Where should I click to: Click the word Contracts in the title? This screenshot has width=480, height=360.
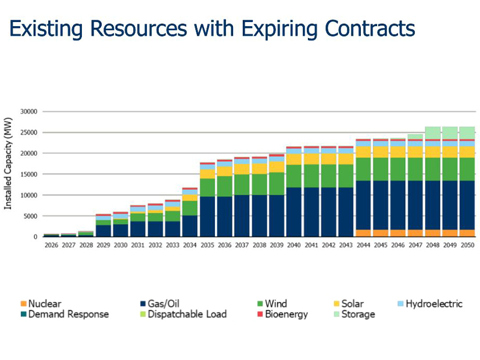(x=368, y=27)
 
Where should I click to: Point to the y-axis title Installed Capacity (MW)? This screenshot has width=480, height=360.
(x=8, y=168)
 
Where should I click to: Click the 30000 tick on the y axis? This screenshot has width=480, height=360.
(x=28, y=111)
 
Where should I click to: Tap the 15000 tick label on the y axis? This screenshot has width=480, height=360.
(x=28, y=174)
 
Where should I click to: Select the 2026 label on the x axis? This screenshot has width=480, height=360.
(x=51, y=246)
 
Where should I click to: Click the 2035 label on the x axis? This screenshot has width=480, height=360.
(x=207, y=246)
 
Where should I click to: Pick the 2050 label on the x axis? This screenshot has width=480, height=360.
(x=467, y=246)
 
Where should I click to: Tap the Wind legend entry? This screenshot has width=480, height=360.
(x=275, y=304)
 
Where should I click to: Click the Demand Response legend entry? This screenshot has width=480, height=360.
(x=68, y=314)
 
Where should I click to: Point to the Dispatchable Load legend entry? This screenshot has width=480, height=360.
(x=187, y=314)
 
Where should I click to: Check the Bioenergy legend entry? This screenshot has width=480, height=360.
(x=286, y=314)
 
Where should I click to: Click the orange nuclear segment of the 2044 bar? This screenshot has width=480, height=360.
(x=363, y=233)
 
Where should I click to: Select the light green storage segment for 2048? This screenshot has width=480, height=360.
(x=433, y=133)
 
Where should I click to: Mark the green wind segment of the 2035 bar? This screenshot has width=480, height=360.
(x=207, y=187)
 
